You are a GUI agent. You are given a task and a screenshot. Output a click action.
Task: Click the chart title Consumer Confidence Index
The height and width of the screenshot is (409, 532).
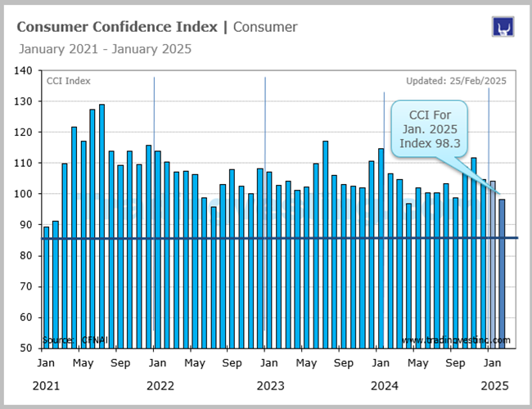(117, 27)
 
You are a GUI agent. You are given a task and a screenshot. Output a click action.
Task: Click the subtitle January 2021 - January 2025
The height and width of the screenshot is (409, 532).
(104, 48)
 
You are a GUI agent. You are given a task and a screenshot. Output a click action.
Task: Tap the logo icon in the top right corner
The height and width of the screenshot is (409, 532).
(502, 27)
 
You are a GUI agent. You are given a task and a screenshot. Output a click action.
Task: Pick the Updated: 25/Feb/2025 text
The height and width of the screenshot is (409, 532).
(457, 81)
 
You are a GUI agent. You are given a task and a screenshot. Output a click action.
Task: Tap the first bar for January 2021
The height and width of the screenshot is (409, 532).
(46, 286)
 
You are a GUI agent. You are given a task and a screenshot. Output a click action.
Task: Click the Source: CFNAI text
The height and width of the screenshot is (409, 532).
(70, 339)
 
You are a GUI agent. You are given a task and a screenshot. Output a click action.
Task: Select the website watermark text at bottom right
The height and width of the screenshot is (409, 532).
(456, 339)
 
